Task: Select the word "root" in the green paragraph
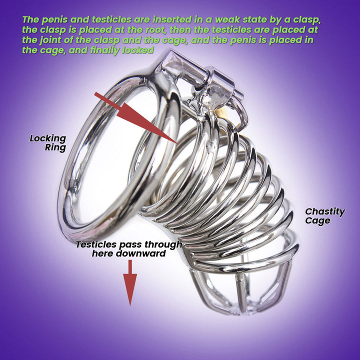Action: point(153,30)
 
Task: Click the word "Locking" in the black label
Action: point(48,138)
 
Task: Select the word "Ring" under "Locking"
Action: point(55,147)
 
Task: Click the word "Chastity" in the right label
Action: point(325,211)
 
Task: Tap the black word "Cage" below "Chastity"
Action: point(317,220)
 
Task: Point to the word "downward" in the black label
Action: point(140,253)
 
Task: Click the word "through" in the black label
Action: point(163,244)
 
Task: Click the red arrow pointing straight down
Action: point(130,283)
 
